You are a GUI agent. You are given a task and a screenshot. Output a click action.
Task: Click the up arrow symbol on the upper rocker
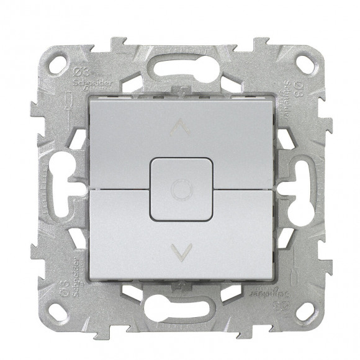[x=179, y=128]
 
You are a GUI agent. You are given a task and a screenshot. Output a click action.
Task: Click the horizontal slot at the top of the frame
[x=180, y=64]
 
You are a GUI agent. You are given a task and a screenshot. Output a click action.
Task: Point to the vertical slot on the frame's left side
[x=61, y=184]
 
